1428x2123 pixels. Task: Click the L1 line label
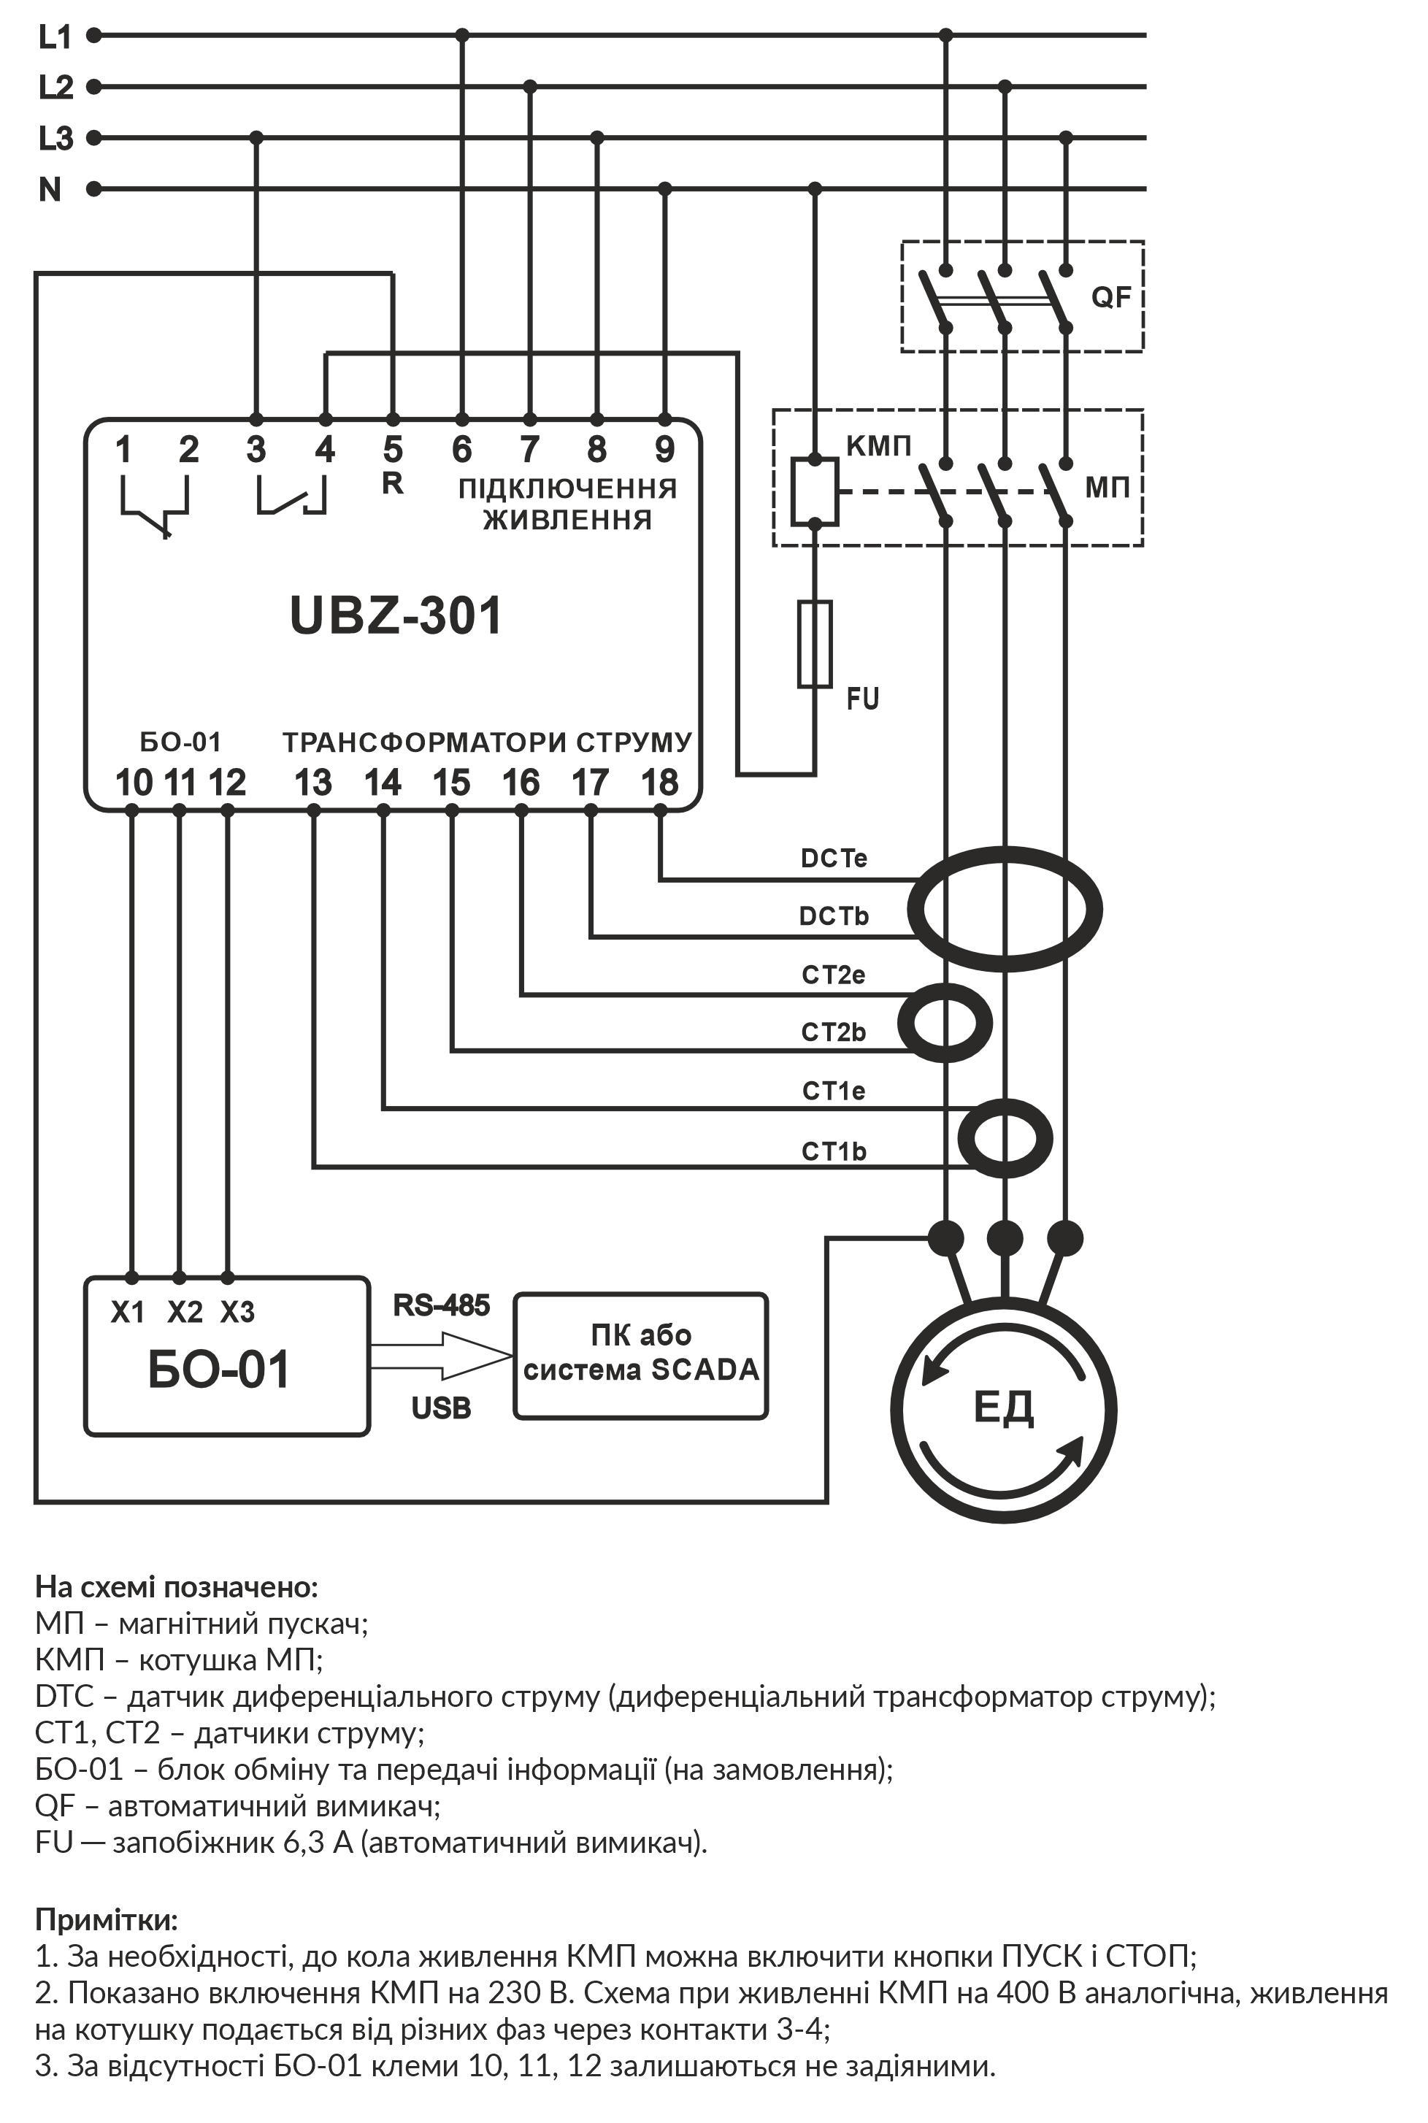(x=55, y=37)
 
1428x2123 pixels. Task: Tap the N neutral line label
(x=50, y=189)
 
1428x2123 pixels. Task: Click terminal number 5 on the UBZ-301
(x=393, y=450)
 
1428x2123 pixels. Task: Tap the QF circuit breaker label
(x=1111, y=298)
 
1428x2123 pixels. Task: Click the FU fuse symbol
(x=815, y=644)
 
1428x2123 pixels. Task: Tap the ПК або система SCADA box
(x=641, y=1355)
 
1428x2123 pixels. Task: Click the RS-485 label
(x=442, y=1305)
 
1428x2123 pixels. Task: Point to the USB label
(x=442, y=1408)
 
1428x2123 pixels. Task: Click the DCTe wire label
(x=834, y=858)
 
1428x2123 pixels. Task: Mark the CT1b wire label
(x=834, y=1151)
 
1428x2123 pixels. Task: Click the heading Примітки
(x=107, y=1920)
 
